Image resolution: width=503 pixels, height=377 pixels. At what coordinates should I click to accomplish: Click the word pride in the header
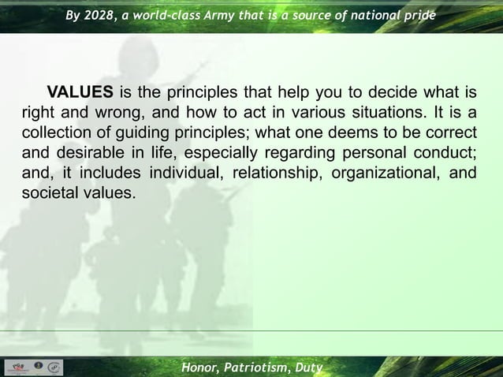pos(418,16)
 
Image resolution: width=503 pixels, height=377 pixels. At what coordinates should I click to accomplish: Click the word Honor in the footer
pos(201,368)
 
